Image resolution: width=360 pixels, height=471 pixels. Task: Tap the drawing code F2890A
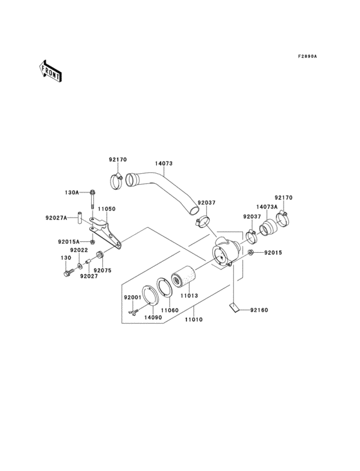tap(307, 57)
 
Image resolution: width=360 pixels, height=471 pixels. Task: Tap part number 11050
tap(106, 209)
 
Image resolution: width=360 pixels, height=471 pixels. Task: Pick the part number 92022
tap(79, 250)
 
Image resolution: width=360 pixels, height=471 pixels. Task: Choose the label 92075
tap(103, 271)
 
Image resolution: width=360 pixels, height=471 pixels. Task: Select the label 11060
tap(169, 310)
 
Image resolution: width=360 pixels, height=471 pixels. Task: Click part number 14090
tap(152, 317)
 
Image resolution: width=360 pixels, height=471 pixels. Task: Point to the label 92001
tap(132, 297)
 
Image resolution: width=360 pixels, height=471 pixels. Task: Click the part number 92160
tap(259, 309)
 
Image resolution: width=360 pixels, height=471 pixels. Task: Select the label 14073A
tap(266, 207)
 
